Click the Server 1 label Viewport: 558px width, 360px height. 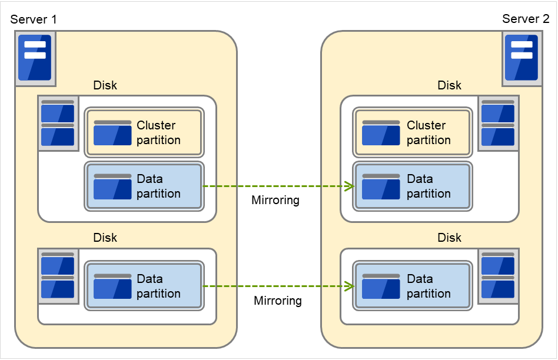tap(34, 19)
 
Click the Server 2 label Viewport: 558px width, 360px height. tap(525, 19)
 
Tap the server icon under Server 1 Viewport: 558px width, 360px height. tap(35, 58)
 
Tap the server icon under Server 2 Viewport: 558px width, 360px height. tap(522, 58)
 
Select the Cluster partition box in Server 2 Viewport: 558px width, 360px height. tap(413, 132)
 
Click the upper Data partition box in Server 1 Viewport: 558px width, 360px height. tap(144, 186)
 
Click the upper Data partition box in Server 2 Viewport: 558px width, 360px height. tap(413, 186)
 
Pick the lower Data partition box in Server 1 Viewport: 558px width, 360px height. tap(144, 286)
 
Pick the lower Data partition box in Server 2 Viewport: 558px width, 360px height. tap(413, 286)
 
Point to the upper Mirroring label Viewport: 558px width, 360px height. tap(275, 201)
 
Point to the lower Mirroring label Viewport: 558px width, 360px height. tap(278, 301)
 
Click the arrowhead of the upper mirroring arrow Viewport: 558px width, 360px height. tap(349, 186)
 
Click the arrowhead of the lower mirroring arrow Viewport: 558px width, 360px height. tap(349, 286)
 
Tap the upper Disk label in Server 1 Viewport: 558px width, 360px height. tap(105, 85)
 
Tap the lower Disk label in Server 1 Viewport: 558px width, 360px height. tap(105, 238)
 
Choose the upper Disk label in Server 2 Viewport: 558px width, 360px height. tap(450, 85)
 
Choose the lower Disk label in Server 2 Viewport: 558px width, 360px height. tap(450, 238)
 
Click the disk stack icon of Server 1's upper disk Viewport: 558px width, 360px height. tap(58, 124)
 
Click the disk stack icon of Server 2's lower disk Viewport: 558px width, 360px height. tap(498, 276)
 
